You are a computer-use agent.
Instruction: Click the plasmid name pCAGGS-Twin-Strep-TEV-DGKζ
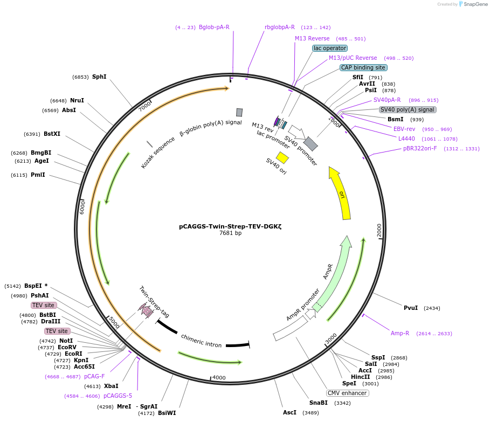click(230, 226)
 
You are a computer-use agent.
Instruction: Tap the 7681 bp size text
click(230, 233)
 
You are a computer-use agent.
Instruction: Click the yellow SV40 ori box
click(282, 157)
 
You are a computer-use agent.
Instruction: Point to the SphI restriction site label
click(99, 77)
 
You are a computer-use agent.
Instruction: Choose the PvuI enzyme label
click(411, 308)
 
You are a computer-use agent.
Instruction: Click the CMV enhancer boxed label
click(347, 393)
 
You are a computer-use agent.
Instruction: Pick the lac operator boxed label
click(330, 48)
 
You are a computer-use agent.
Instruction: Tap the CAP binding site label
click(363, 67)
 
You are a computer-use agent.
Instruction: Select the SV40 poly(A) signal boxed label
click(408, 109)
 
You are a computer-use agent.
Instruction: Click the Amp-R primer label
click(400, 333)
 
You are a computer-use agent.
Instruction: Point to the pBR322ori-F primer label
click(420, 149)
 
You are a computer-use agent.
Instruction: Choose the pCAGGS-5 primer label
click(118, 396)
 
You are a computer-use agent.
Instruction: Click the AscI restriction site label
click(289, 412)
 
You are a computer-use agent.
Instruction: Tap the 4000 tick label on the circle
click(219, 377)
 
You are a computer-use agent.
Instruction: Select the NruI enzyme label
click(77, 100)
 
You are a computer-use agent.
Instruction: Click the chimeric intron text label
click(201, 341)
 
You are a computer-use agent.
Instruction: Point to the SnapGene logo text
click(475, 4)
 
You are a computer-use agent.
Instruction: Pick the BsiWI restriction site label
click(167, 413)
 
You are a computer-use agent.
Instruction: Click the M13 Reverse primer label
click(312, 38)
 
